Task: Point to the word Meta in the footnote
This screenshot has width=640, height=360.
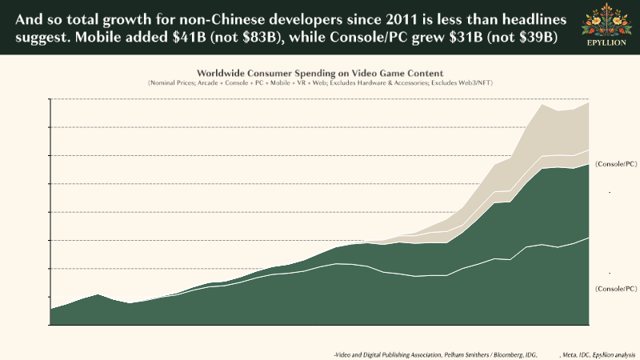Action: pos(570,353)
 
